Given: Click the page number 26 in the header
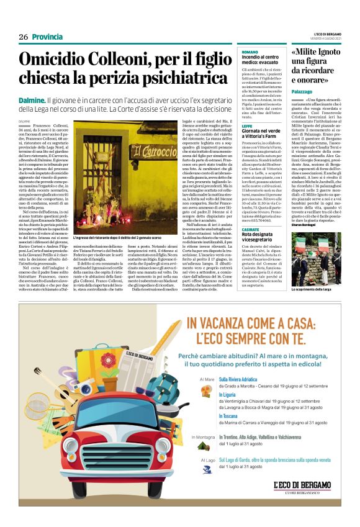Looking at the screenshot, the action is pos(24,37).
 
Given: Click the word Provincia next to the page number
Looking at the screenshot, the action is pos(48,37).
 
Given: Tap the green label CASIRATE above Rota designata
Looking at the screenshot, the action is pos(251,229).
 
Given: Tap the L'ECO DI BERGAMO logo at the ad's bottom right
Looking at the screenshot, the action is pos(302,485).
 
